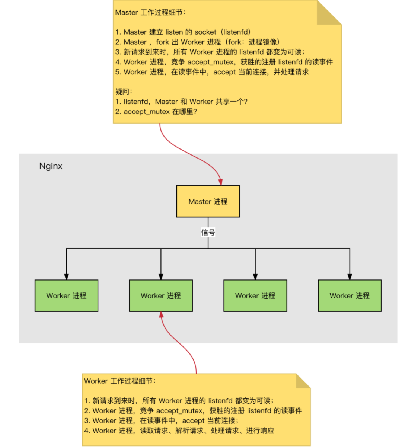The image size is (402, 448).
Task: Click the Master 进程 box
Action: (x=208, y=201)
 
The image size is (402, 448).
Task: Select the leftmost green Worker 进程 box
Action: (x=66, y=296)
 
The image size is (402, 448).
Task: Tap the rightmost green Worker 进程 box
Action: (x=350, y=296)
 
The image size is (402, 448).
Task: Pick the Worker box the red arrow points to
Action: (x=161, y=296)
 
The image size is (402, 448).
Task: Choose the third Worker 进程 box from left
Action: (x=255, y=296)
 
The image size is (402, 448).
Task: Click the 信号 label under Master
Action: (x=208, y=233)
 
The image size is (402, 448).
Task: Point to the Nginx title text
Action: (x=51, y=166)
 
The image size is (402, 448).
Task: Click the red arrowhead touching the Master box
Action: (x=220, y=182)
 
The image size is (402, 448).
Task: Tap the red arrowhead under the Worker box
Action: (x=162, y=315)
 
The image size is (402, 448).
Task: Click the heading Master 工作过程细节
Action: (x=150, y=12)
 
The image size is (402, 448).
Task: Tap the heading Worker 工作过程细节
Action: (x=119, y=381)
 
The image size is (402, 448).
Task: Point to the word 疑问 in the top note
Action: (x=124, y=92)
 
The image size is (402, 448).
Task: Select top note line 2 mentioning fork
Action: (x=197, y=42)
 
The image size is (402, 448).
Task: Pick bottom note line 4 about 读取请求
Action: (x=179, y=431)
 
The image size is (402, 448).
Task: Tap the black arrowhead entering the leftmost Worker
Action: (x=66, y=277)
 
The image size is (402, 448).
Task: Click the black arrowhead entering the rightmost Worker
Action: (x=350, y=277)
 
